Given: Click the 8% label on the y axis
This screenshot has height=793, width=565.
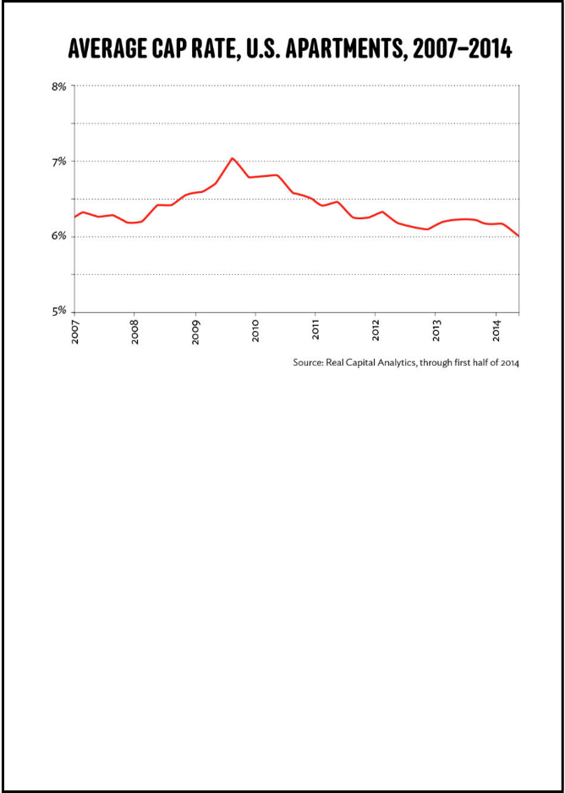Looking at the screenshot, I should (59, 86).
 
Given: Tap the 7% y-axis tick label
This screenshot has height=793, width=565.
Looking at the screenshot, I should (59, 161).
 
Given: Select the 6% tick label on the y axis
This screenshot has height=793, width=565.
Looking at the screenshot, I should (59, 236).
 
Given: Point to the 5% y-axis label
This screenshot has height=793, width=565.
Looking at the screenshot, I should (59, 311).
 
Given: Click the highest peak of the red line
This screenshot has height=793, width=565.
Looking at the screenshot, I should (232, 158).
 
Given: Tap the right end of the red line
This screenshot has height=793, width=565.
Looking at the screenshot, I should (518, 236).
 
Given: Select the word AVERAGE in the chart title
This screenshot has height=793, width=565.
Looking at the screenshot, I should (106, 50).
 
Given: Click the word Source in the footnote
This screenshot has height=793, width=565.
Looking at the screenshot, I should (309, 362).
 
